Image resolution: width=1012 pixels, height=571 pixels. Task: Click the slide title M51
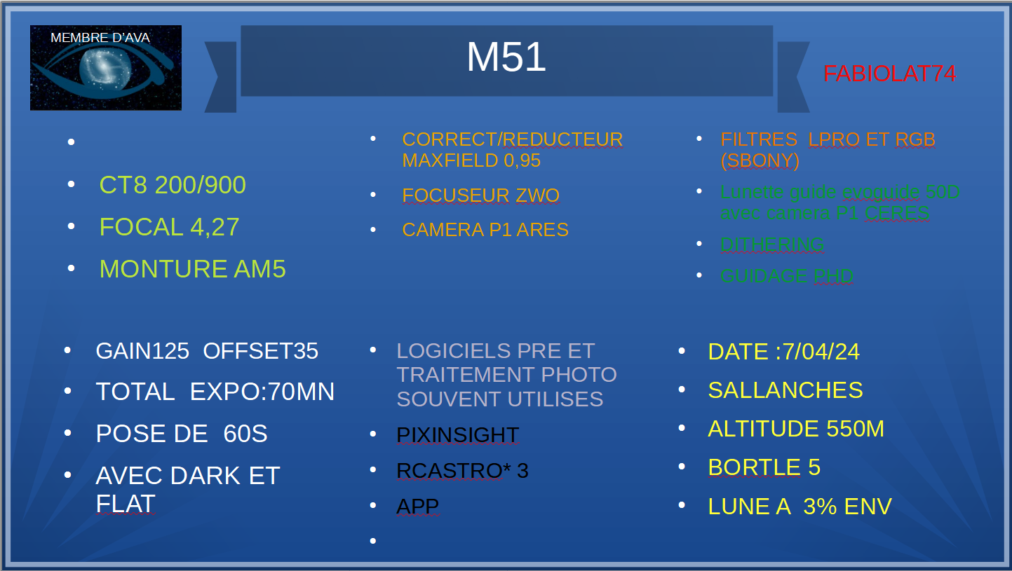506,57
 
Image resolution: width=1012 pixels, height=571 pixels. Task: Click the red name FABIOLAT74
889,74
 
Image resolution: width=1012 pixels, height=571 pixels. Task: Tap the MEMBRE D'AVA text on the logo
100,37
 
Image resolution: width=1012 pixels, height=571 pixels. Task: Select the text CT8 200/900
173,185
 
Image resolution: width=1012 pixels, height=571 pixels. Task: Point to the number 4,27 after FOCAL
215,227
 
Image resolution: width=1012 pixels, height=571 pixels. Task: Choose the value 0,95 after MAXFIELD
522,160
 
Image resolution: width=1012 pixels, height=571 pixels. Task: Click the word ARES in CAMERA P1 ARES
542,230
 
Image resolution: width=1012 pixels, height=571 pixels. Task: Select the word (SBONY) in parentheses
760,160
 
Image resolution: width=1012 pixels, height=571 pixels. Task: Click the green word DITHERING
772,245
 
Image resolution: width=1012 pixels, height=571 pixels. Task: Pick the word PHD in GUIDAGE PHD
834,276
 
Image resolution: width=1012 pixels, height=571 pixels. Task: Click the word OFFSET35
261,351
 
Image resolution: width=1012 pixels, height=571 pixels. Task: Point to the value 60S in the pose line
245,434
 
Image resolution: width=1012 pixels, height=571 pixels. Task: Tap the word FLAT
126,504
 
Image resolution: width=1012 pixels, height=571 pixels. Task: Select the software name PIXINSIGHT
458,435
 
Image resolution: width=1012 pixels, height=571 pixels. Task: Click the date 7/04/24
821,352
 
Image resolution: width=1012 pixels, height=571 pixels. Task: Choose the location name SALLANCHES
785,390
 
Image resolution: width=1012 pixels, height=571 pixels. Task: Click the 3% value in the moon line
820,507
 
